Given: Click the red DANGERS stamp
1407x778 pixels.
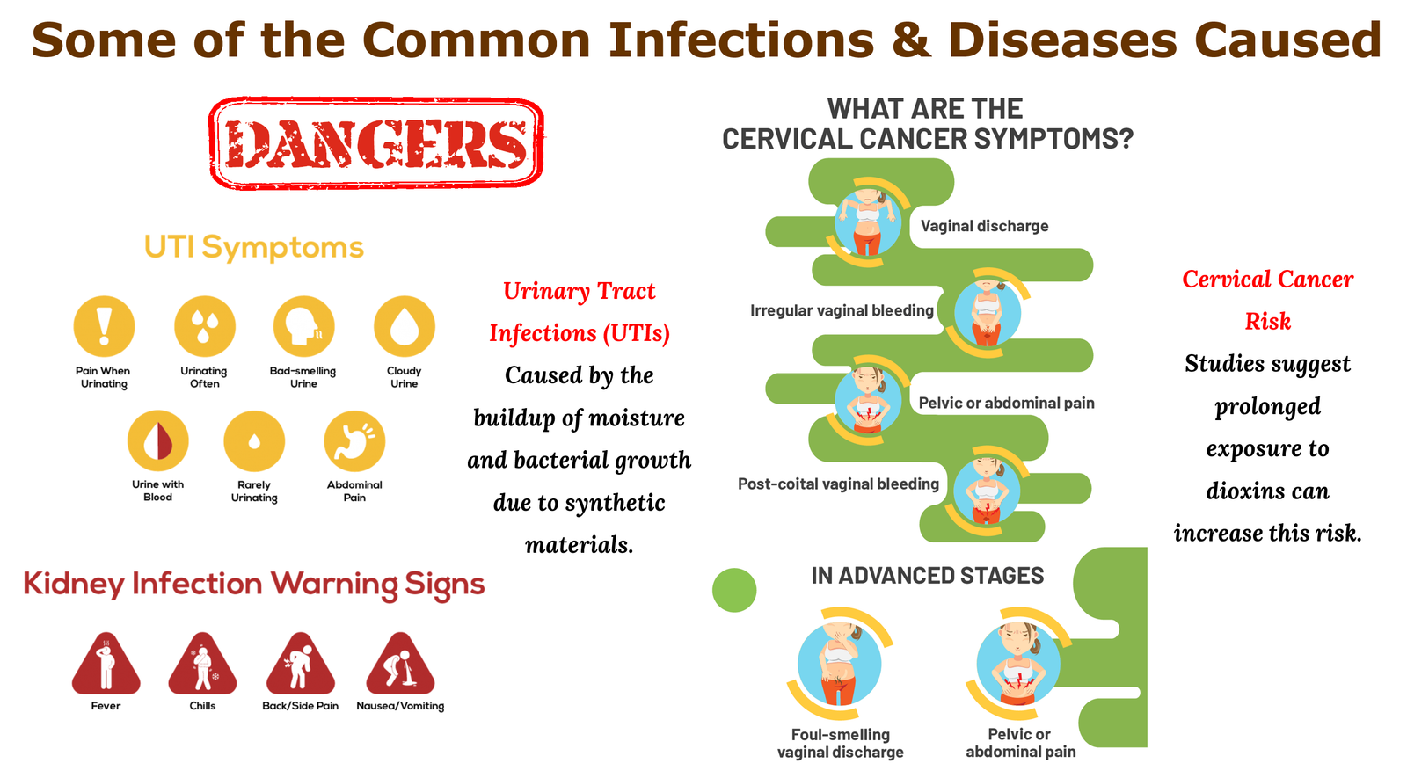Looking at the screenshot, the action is (x=376, y=143).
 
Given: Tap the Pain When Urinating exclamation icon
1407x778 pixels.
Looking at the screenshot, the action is (x=105, y=326).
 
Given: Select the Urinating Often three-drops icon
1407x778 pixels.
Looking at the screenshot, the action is (x=205, y=326).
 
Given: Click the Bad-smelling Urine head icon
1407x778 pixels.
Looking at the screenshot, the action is (x=304, y=326).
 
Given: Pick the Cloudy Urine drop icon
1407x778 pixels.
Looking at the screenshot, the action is (x=405, y=326).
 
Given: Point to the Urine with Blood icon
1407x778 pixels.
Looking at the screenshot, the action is (x=157, y=440).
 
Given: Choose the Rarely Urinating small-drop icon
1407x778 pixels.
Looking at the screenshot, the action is (x=254, y=440).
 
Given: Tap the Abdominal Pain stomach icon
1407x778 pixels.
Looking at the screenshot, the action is (x=355, y=440).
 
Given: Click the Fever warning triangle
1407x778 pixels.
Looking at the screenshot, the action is (x=106, y=665).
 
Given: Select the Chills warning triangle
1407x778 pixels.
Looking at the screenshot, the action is (x=203, y=665).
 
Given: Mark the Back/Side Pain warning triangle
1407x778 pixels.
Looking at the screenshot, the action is (x=301, y=665).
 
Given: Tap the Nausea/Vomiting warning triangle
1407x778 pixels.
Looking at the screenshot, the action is (x=400, y=665).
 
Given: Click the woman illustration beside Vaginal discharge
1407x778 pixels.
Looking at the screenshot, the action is (x=868, y=222).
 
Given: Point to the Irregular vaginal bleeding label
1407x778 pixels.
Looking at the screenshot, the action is (x=842, y=310).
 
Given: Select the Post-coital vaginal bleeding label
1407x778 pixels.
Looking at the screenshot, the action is (x=838, y=484).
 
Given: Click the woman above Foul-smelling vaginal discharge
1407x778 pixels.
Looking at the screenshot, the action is (x=840, y=663).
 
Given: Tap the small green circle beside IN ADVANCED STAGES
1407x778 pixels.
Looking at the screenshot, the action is (x=734, y=590).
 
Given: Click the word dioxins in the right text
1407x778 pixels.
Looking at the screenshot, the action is (x=1267, y=491).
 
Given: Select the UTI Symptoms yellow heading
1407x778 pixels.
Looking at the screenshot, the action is (x=254, y=247).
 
